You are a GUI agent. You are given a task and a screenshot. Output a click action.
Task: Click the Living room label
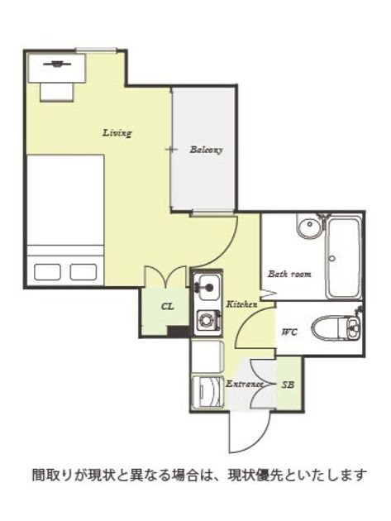coord(117,133)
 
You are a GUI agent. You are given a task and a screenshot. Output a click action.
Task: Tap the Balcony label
coord(206,150)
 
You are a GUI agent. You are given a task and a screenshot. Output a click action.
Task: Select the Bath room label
coord(289,274)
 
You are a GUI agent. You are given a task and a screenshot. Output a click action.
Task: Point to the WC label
coord(289,332)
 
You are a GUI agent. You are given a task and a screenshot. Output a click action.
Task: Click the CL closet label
coord(167,306)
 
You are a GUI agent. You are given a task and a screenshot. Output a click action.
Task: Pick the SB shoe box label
coord(288,385)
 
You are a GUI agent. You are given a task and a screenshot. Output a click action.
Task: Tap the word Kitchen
coord(241,304)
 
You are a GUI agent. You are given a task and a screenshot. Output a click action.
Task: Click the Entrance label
coord(244,384)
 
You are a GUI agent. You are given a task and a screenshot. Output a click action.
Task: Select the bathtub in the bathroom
coord(344,258)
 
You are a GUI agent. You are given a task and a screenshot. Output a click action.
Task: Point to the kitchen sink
coord(207,287)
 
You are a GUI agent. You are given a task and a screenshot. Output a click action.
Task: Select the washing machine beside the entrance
coord(208,391)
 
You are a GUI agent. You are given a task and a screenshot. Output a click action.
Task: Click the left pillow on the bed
coord(47,272)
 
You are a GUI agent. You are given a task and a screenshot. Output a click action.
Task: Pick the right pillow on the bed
coord(83,272)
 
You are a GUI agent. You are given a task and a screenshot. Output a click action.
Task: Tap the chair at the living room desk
coord(56,92)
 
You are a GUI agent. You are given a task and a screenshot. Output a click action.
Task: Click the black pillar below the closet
coord(178,332)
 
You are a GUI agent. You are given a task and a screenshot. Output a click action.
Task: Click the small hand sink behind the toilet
coord(352,327)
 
